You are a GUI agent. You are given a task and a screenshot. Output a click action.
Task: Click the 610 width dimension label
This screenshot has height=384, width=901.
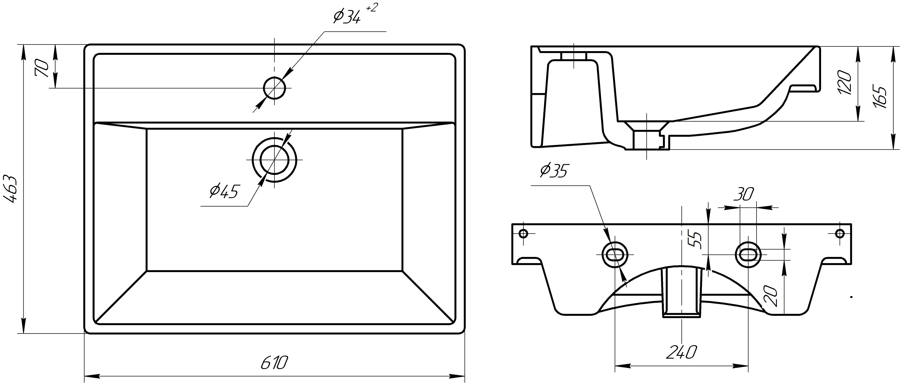(x=274, y=363)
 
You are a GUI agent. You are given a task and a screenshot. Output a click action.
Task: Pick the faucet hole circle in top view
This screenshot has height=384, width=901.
(x=275, y=88)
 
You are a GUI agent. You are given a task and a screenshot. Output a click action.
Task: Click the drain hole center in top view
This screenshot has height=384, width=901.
(x=275, y=159)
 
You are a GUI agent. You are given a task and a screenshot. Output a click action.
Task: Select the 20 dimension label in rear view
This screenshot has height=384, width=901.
(x=771, y=297)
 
